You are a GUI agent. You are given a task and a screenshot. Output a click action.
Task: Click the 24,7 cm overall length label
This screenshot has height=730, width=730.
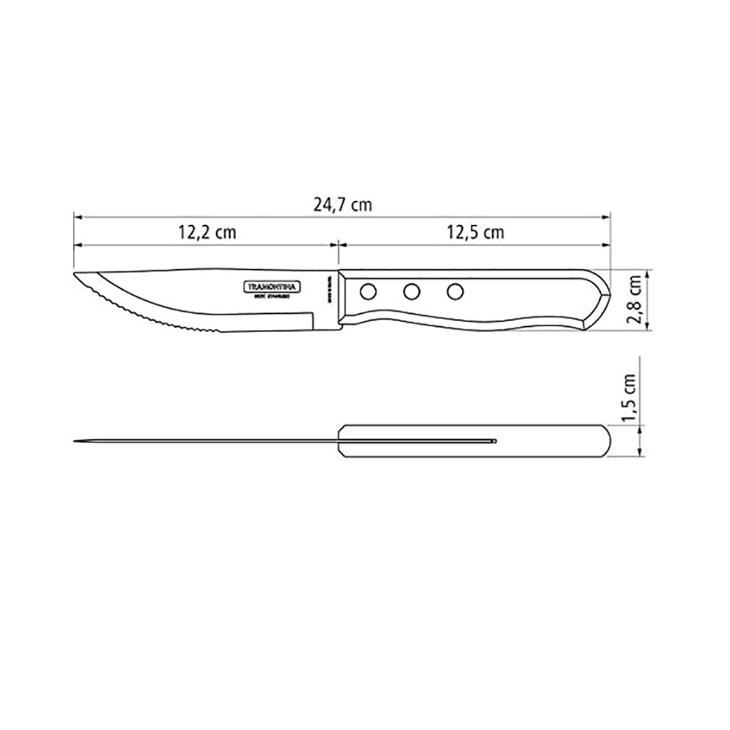[342, 205]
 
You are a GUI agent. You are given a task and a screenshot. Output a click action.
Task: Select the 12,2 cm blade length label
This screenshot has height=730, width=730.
[207, 233]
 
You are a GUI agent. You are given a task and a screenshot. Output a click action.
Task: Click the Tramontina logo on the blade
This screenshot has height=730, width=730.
[269, 287]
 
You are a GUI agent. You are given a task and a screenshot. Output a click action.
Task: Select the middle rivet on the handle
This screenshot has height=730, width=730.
[412, 291]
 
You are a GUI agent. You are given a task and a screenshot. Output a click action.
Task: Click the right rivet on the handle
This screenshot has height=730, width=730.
[456, 291]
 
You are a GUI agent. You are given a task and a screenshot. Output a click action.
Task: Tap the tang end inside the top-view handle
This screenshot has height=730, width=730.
[494, 441]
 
